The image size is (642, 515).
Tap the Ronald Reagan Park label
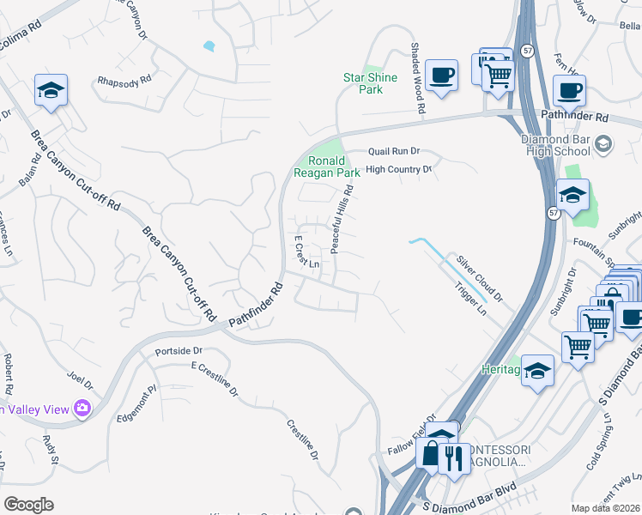[327, 167]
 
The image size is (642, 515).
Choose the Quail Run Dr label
[393, 151]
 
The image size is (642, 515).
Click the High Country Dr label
[398, 170]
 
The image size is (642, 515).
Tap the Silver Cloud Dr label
[479, 276]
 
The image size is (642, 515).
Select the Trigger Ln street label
[469, 300]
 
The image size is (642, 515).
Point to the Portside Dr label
[179, 351]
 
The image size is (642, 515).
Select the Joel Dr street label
[79, 377]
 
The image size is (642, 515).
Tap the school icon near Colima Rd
[51, 89]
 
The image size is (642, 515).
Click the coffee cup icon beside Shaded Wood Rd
[440, 74]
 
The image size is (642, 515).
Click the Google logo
[28, 504]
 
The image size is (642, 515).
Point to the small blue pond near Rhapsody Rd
[209, 45]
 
